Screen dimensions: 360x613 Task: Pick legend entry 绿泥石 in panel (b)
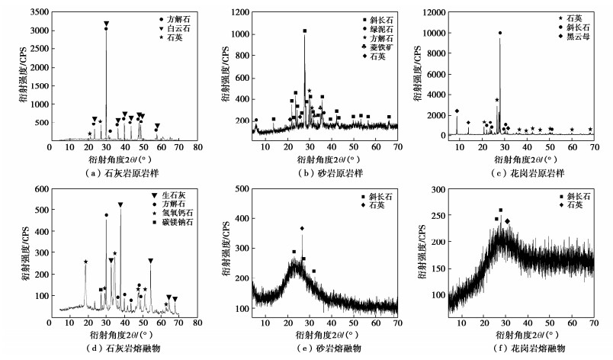tap(379, 27)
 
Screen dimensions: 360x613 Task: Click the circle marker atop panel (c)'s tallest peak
tap(500, 34)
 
